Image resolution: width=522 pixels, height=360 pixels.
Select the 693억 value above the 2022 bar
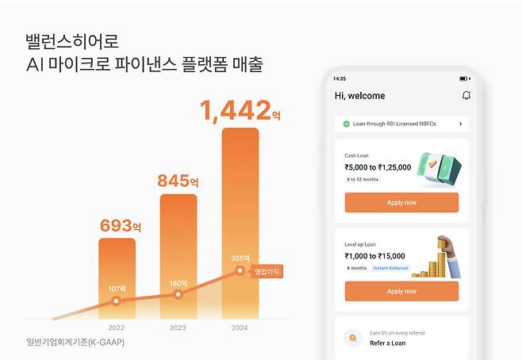pos(120,225)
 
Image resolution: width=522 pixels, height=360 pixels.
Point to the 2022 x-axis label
pos(117,327)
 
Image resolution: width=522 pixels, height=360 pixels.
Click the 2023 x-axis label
pos(178,327)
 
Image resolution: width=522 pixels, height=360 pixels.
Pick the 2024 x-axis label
pos(240,327)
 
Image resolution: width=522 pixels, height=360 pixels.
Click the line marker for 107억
pos(117,301)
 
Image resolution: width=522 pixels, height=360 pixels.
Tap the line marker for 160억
pos(178,294)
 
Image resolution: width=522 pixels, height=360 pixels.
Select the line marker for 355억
pos(240,271)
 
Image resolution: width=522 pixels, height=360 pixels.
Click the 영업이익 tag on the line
pos(267,271)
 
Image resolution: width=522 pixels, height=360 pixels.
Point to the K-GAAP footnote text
pos(75,343)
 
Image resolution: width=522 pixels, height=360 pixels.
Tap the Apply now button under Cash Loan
pos(401,202)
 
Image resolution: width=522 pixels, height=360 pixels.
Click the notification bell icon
pos(466,95)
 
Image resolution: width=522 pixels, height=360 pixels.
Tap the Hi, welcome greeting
pos(359,96)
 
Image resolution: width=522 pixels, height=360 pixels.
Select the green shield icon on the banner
pos(347,124)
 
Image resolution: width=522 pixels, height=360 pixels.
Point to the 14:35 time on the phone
pos(340,79)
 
